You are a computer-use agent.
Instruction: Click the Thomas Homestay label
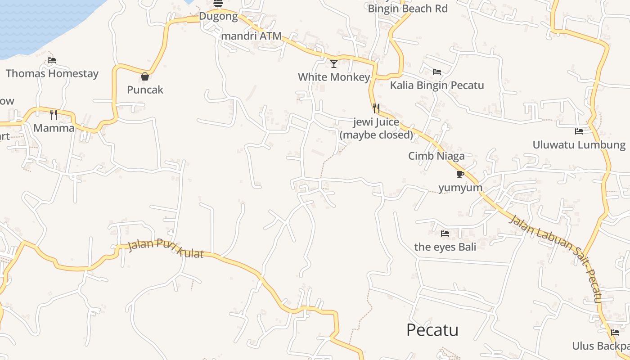(52, 73)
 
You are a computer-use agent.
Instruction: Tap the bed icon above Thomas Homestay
(52, 60)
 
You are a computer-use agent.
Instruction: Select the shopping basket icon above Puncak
(145, 76)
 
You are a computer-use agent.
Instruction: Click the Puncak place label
(145, 90)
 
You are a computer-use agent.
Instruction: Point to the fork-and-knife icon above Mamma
(54, 114)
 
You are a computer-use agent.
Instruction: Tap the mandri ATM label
(252, 36)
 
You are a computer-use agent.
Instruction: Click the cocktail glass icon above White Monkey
(334, 64)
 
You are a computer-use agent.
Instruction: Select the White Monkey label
(334, 77)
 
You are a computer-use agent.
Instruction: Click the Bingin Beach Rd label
(408, 9)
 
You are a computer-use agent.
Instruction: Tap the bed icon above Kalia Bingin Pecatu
(436, 72)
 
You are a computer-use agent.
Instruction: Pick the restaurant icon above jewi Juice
(376, 108)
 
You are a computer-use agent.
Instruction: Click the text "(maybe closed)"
(376, 135)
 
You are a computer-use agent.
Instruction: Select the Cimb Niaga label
(436, 156)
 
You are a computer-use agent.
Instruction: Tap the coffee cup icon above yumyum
(460, 174)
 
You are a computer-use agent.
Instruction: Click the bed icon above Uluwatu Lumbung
(579, 131)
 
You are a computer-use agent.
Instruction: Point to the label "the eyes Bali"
(445, 247)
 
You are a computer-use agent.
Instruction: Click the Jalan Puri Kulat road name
(166, 248)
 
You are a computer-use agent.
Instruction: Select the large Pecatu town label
(432, 330)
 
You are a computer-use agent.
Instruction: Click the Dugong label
(218, 17)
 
